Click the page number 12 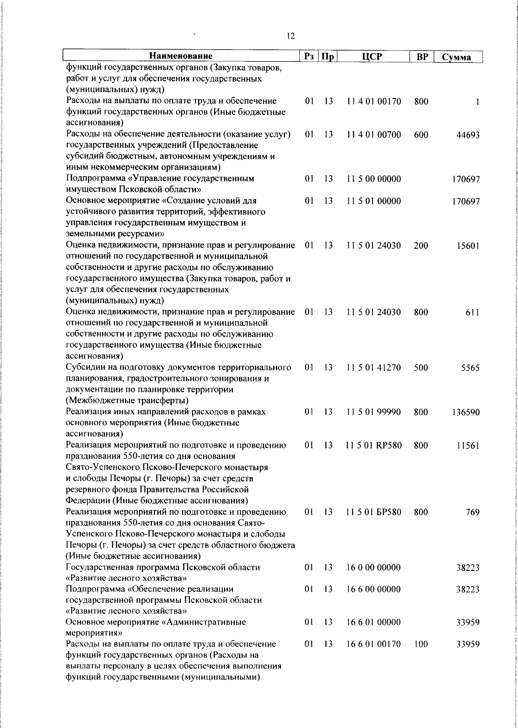pos(291,36)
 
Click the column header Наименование pos(181,56)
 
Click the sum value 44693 pos(468,135)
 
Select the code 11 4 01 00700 pos(374,135)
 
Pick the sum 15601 pos(468,246)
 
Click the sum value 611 pos(472,313)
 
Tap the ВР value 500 pos(421,368)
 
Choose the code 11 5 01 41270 pos(374,368)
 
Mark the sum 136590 pos(466,412)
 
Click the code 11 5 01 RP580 pos(374,446)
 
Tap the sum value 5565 pos(470,368)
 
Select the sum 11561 pos(468,446)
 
